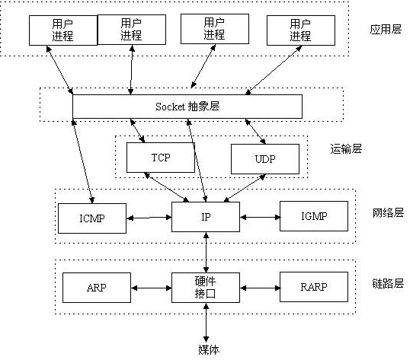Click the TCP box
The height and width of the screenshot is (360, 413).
[160, 158]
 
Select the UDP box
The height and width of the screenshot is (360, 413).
[264, 159]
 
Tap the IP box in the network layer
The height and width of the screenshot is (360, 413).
[206, 217]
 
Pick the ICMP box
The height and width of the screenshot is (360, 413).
[92, 218]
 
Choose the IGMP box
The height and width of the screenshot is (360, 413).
[313, 216]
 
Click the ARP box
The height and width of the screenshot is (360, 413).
[96, 288]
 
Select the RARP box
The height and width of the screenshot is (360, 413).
[313, 288]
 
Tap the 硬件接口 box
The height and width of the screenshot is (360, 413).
[206, 287]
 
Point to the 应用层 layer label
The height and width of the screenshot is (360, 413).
[385, 30]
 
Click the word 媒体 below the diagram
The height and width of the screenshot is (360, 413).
[209, 349]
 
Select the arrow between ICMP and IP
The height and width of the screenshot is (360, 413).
[149, 218]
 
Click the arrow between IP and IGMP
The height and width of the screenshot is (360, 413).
[260, 217]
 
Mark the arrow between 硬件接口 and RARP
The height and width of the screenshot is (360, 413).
[260, 288]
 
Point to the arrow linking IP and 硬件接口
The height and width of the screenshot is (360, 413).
[206, 252]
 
